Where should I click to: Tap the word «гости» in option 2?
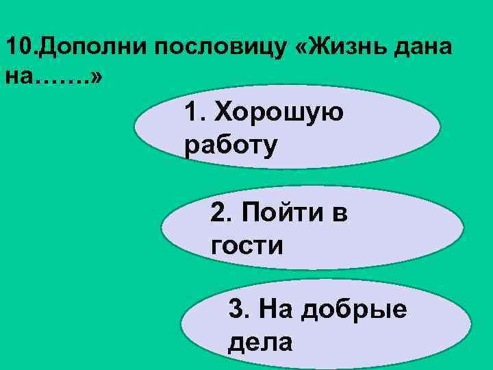[x=246, y=244]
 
